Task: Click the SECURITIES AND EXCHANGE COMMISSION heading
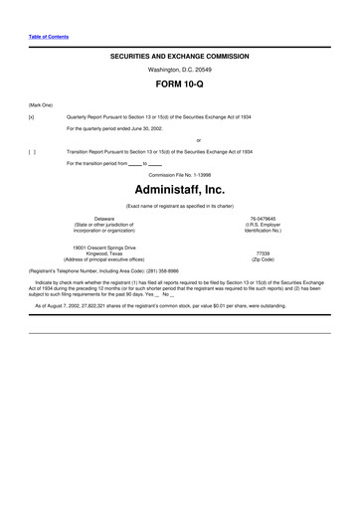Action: [179, 58]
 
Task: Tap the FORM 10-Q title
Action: [179, 87]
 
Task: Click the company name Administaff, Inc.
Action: [179, 188]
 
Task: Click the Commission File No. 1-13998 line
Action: [179, 173]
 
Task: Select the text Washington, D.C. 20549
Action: [179, 71]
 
